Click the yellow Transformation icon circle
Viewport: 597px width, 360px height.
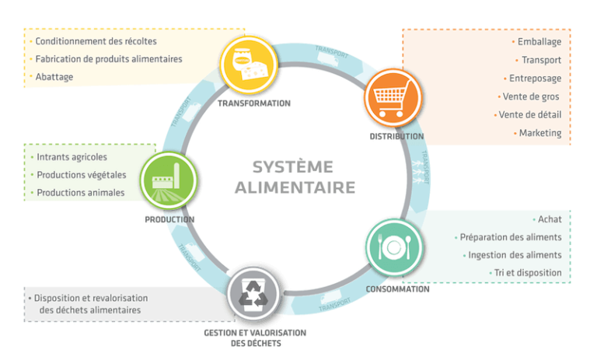click(249, 65)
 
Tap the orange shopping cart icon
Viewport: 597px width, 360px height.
click(393, 98)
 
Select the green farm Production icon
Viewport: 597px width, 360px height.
click(169, 180)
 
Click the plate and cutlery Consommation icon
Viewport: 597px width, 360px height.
click(394, 248)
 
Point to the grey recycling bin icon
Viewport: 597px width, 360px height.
click(253, 294)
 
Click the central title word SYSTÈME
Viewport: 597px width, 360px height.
click(293, 167)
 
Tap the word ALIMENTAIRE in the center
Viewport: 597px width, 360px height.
click(295, 187)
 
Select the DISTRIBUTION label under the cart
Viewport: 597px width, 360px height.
click(396, 136)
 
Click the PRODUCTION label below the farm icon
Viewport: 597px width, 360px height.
click(169, 219)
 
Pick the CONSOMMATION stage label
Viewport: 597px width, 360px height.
click(397, 289)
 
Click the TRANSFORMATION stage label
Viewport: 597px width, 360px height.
click(254, 103)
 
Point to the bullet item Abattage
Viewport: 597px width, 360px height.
click(54, 77)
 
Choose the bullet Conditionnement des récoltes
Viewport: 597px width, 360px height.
click(96, 41)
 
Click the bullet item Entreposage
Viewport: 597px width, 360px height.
click(535, 79)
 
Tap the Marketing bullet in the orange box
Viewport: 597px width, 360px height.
click(540, 133)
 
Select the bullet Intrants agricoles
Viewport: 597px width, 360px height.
click(72, 157)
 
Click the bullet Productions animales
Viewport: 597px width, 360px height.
click(80, 193)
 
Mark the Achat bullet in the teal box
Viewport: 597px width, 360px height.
click(550, 219)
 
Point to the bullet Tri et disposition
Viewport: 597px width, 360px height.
click(528, 273)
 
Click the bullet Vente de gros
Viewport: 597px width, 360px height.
click(531, 96)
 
